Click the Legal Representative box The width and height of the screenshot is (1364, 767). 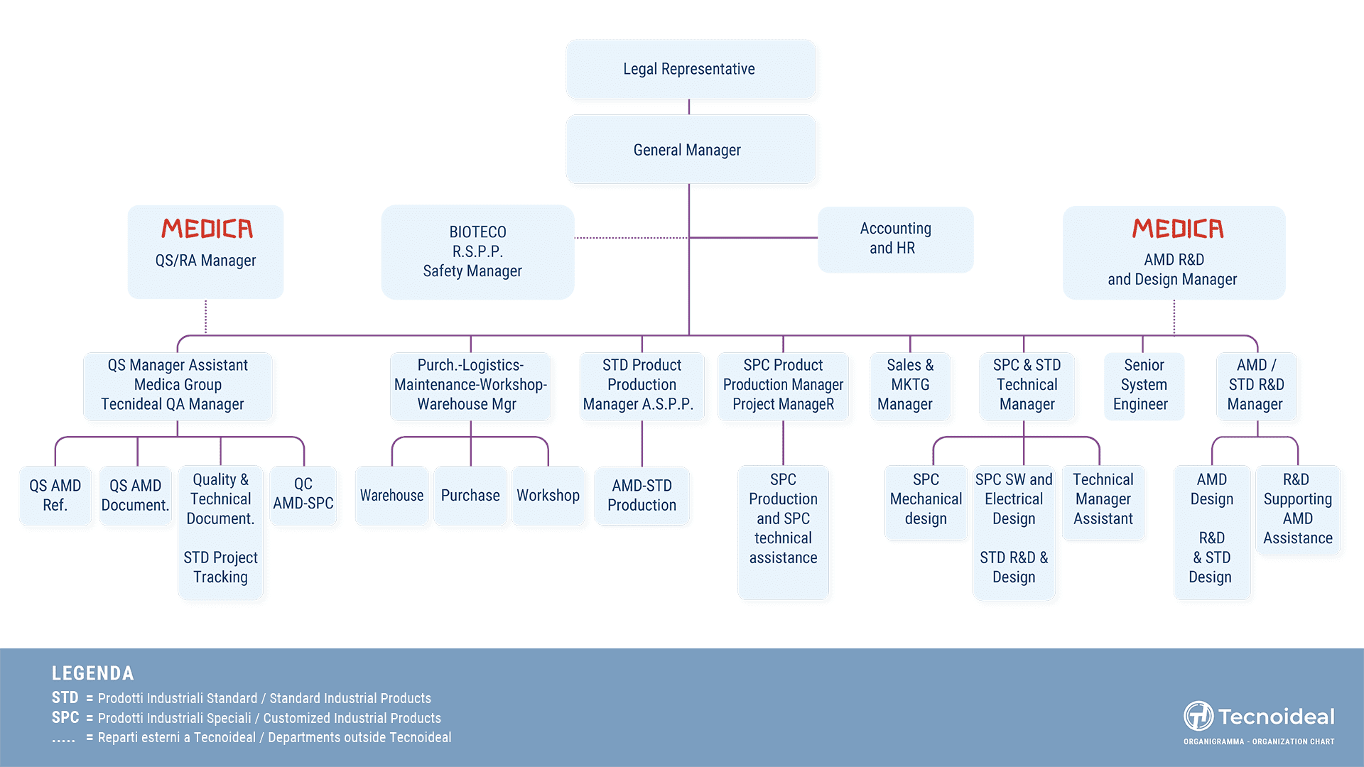tap(691, 70)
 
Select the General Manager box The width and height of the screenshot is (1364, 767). tap(691, 150)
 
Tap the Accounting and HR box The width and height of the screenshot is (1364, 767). tap(895, 239)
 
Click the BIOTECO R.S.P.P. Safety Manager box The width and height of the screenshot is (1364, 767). tap(477, 252)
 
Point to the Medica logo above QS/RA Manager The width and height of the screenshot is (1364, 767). tap(207, 229)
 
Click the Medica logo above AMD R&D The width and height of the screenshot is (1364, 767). tap(1178, 229)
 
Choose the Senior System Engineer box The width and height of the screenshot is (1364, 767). tap(1144, 386)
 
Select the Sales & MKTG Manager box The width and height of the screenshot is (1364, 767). tap(910, 386)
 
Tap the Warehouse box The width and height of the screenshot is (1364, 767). tap(392, 496)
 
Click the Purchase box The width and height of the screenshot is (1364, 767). tap(470, 496)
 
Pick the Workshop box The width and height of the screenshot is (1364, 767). tap(548, 496)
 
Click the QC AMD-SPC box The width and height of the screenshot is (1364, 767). tap(303, 495)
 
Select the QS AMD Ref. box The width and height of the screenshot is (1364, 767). tap(55, 496)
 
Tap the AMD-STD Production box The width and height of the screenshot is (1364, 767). tap(642, 496)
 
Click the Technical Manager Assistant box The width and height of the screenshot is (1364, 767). tap(1103, 502)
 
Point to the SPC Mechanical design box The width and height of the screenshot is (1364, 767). tap(926, 502)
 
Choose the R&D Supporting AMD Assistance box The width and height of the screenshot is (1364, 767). tap(1298, 509)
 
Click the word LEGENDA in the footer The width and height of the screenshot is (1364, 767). tap(93, 673)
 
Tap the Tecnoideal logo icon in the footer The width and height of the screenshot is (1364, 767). tap(1198, 716)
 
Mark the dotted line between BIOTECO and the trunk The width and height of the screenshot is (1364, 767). tap(632, 238)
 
